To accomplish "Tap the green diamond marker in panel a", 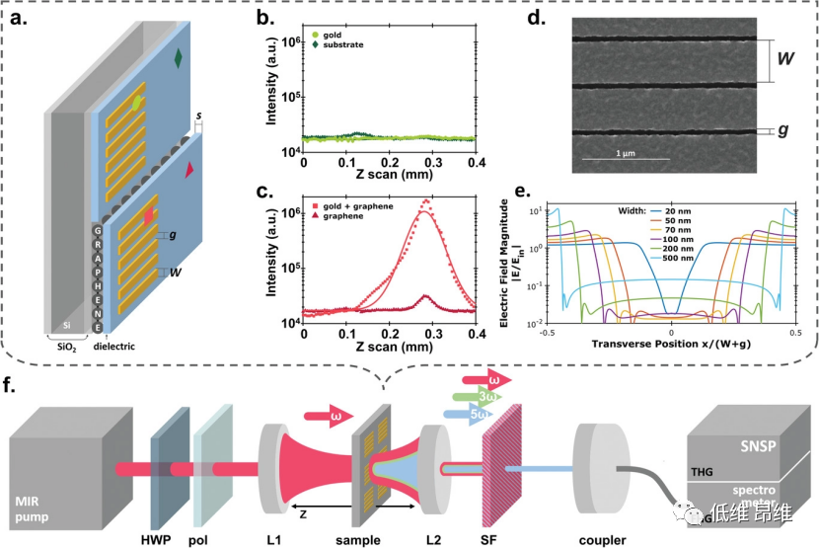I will pos(178,58).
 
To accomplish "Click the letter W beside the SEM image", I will pos(786,58).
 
